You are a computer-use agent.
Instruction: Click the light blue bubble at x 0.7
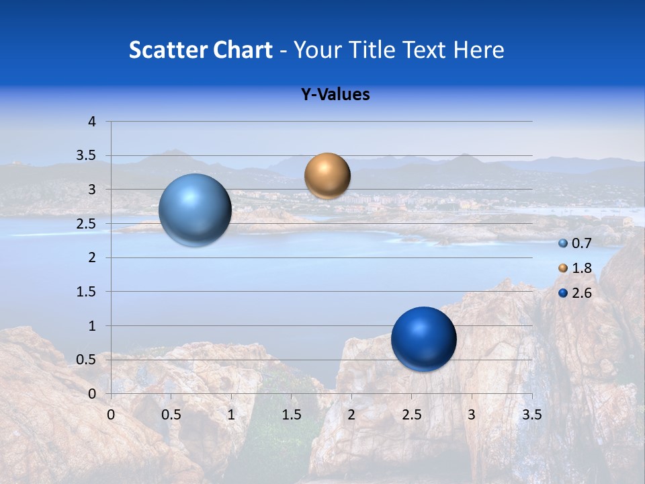[x=195, y=210]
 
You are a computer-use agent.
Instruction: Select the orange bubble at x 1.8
[x=327, y=175]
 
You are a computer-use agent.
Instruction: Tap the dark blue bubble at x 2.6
[x=423, y=339]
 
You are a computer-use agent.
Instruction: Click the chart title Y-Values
[x=335, y=95]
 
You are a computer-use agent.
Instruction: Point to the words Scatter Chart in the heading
[x=200, y=50]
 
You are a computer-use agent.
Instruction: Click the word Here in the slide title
[x=478, y=50]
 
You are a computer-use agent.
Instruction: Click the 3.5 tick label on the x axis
[x=531, y=415]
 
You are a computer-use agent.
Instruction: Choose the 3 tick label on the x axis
[x=472, y=415]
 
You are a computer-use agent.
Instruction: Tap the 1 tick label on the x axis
[x=231, y=415]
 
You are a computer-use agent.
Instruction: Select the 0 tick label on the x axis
[x=111, y=415]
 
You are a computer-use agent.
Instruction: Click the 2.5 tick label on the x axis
[x=411, y=415]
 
